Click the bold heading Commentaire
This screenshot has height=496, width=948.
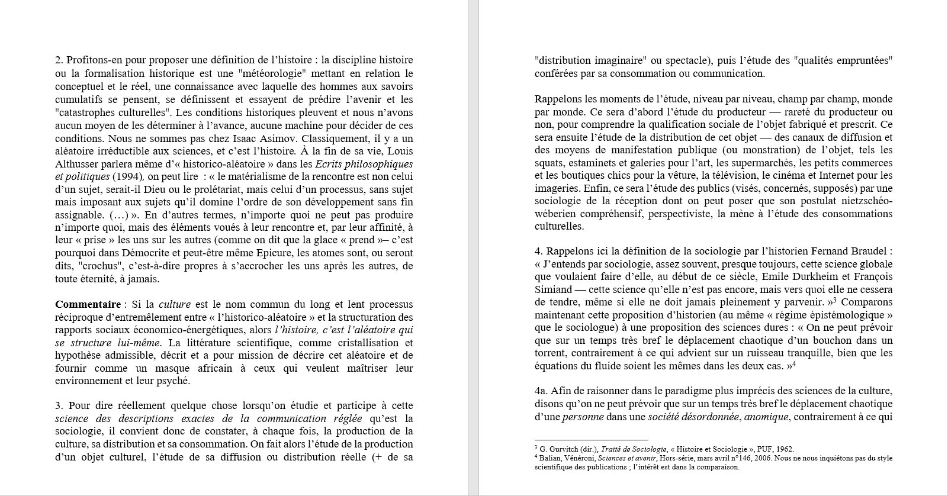tap(88, 305)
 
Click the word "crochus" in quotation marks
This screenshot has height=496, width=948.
tap(86, 266)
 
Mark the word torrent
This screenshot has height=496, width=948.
tap(551, 353)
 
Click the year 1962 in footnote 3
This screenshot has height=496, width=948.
tap(784, 449)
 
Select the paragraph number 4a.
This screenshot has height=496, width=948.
tap(541, 391)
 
